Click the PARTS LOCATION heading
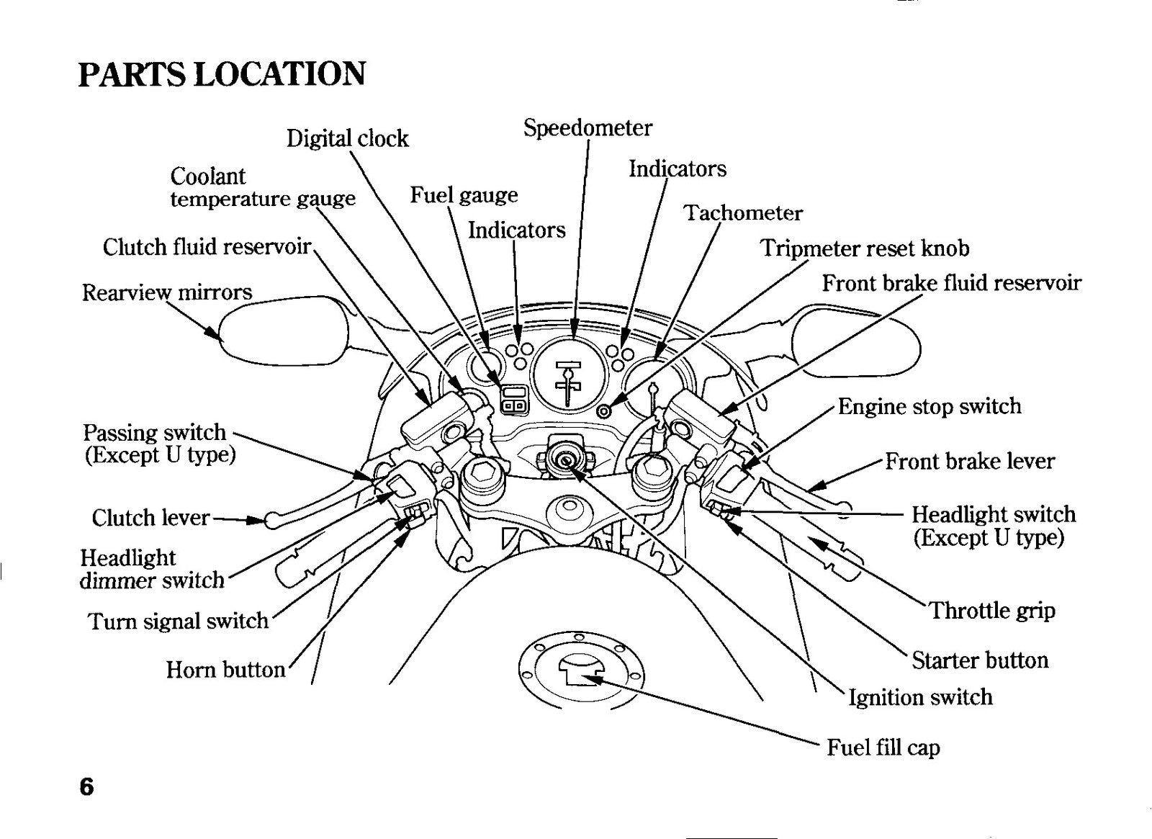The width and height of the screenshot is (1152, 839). pyautogui.click(x=222, y=74)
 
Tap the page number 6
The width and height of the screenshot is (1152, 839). pyautogui.click(x=86, y=786)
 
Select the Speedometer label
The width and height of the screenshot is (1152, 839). pyautogui.click(x=588, y=129)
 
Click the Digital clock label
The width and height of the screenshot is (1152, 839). pyautogui.click(x=347, y=139)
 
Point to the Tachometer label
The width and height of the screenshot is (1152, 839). pyautogui.click(x=742, y=213)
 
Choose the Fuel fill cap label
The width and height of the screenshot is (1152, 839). pyautogui.click(x=883, y=748)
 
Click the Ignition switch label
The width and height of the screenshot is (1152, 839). pyautogui.click(x=920, y=698)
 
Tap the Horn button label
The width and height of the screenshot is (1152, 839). pyautogui.click(x=225, y=670)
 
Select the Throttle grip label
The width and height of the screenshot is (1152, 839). pyautogui.click(x=993, y=611)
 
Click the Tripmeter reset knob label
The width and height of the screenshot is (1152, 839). pyautogui.click(x=865, y=248)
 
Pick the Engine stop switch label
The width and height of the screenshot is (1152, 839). pyautogui.click(x=930, y=406)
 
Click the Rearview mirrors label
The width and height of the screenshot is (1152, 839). pyautogui.click(x=167, y=292)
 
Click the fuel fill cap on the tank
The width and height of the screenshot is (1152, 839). pyautogui.click(x=581, y=671)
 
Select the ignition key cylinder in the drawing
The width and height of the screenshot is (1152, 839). pyautogui.click(x=565, y=460)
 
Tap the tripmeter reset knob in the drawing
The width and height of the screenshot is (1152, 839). pyautogui.click(x=604, y=411)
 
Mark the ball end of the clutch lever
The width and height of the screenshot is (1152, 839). pyautogui.click(x=273, y=520)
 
